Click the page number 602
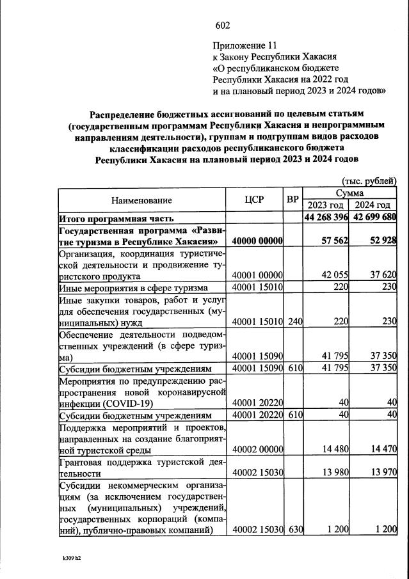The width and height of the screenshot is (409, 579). coord(222,26)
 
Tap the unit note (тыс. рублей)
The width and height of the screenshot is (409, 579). coord(369,182)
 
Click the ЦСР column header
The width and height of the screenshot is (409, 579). coord(254,199)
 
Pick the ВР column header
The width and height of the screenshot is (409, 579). coord(293,199)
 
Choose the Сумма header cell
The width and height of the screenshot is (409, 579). coord(349,193)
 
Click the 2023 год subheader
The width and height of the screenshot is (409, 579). coord(326,205)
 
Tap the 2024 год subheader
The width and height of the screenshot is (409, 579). coord(373,205)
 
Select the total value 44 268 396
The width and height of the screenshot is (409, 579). coord(326,218)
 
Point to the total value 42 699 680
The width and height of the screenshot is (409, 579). coord(373,218)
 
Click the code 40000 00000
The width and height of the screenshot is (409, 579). coord(257,241)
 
